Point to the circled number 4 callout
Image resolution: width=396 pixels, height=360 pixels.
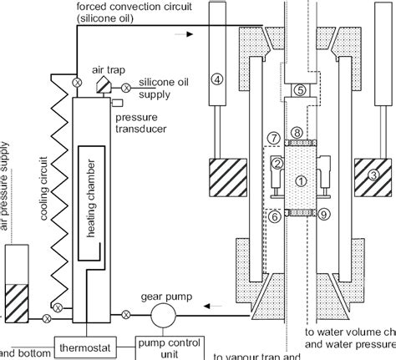[x=217, y=80]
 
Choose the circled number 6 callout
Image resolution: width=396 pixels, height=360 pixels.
[x=274, y=215]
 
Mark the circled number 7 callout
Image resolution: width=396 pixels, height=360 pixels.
[x=272, y=136]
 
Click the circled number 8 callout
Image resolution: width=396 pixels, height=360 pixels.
[x=297, y=132]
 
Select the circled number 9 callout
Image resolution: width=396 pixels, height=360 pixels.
[x=324, y=215]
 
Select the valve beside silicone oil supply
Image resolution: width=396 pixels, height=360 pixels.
[x=126, y=88]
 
